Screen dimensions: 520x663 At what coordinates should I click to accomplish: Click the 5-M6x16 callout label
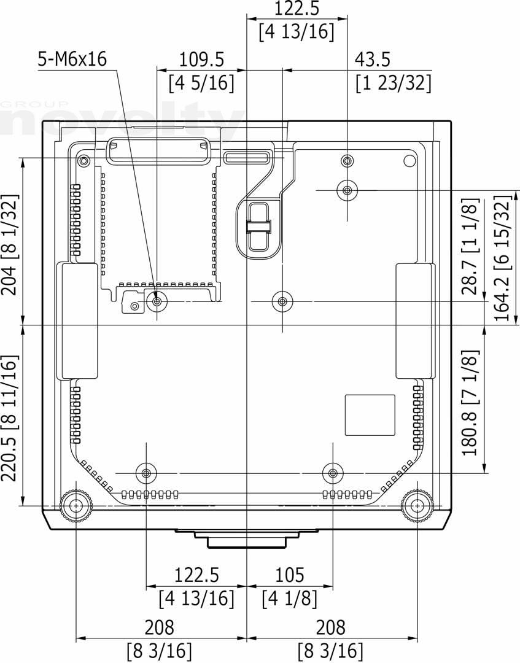(72, 59)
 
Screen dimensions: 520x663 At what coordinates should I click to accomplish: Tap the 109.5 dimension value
(201, 60)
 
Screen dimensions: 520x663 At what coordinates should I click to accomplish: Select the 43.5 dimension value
(372, 60)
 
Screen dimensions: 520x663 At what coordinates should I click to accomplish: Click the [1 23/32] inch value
(393, 83)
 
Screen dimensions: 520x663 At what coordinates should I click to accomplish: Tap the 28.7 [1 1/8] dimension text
(470, 247)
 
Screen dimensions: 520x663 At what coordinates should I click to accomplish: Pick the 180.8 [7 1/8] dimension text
(470, 403)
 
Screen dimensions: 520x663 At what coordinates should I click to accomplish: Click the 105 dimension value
(290, 575)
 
